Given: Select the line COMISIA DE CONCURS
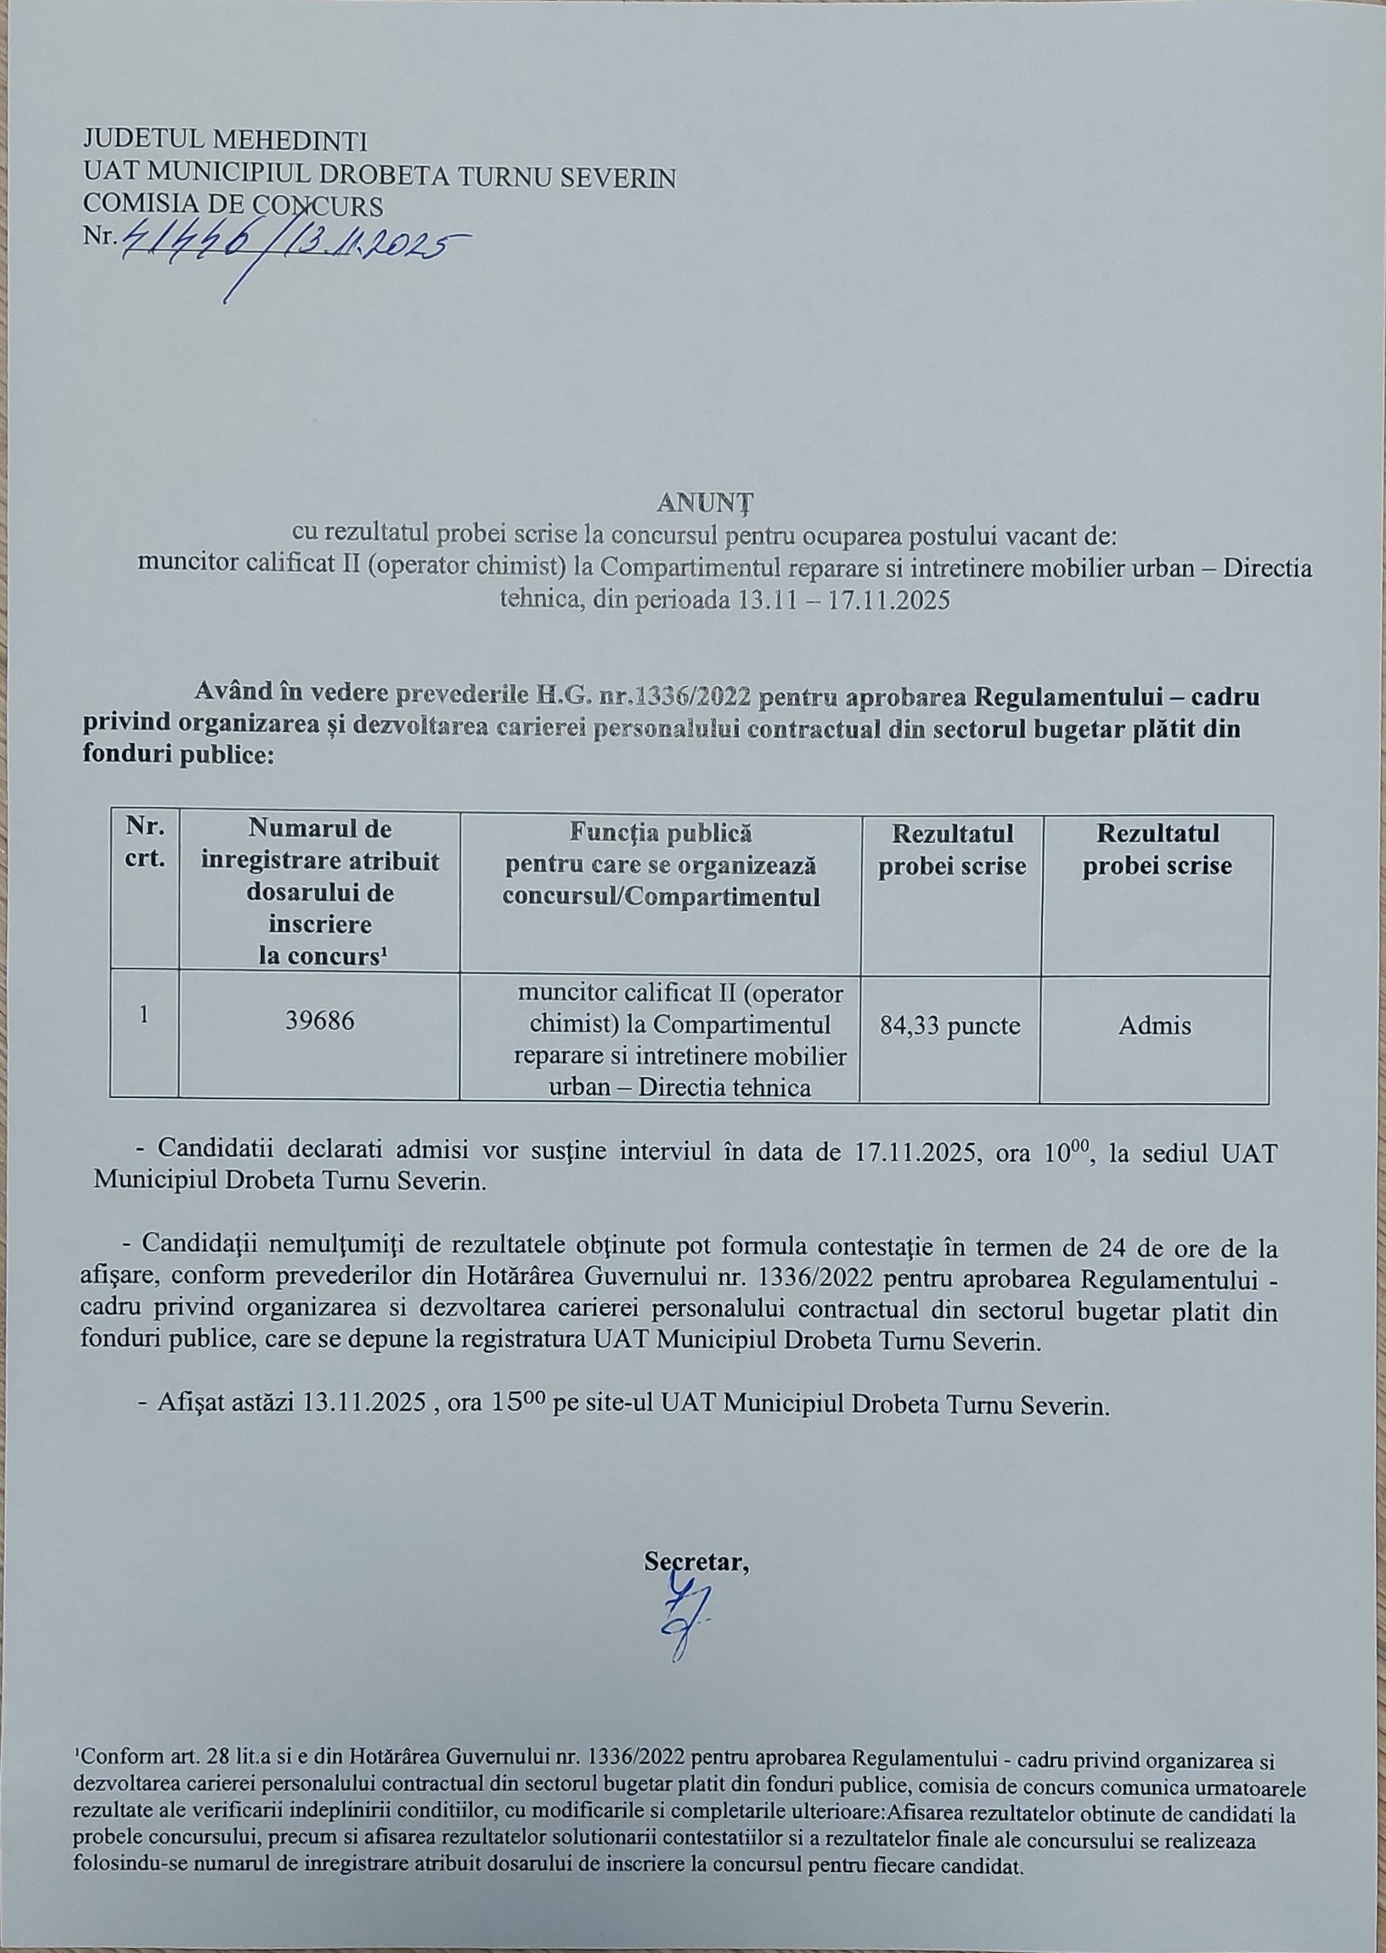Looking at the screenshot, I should pos(232,205).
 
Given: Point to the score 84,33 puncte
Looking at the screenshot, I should pos(949,1025).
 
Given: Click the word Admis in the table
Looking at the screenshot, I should pos(1155,1025).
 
